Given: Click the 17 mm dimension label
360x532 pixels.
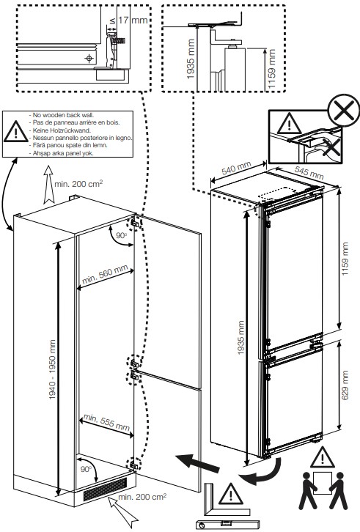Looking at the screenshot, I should point(135,21).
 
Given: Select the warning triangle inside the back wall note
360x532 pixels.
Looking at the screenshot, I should point(14,133).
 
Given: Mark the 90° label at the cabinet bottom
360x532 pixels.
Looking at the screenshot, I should point(87,468).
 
